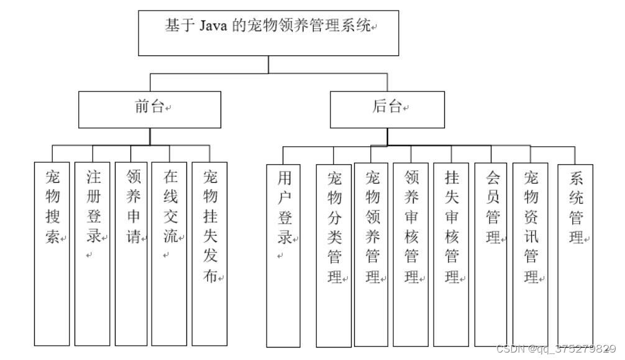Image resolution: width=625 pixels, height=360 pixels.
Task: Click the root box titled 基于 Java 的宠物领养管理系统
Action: click(268, 33)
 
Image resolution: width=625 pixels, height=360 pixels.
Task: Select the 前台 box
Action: click(150, 109)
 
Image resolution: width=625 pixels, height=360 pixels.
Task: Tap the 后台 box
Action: click(387, 109)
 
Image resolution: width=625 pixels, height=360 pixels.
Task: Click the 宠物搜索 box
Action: click(52, 253)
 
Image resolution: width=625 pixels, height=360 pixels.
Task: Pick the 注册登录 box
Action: click(92, 253)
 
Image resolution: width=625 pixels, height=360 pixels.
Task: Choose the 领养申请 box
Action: click(131, 253)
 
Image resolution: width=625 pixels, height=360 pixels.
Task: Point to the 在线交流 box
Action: click(169, 253)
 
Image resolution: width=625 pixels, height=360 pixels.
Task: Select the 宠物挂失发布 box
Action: click(210, 253)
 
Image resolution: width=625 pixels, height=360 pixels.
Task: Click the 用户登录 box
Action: click(283, 255)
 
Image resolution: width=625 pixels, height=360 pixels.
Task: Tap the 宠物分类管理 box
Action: click(334, 255)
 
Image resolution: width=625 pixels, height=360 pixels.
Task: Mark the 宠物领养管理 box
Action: click(371, 254)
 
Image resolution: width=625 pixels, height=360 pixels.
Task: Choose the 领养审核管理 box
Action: click(411, 254)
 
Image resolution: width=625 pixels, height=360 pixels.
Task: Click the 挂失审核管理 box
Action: click(451, 254)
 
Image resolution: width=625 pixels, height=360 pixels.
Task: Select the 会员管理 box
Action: click(491, 254)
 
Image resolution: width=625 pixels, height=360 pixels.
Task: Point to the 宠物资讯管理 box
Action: click(530, 254)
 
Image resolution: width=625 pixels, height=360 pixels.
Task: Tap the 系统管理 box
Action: click(575, 254)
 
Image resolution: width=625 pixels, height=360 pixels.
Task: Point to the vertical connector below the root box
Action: click(268, 65)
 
